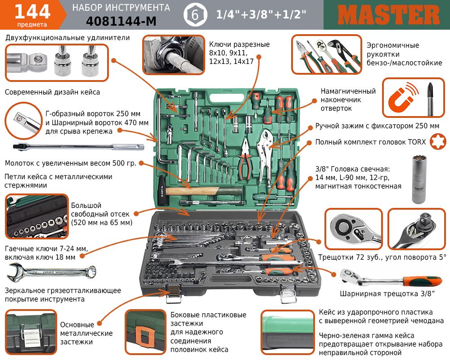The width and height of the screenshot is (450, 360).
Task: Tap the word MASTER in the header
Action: [388, 15]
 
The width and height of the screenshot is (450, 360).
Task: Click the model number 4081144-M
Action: [121, 21]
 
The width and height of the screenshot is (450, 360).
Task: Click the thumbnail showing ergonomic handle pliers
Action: [327, 56]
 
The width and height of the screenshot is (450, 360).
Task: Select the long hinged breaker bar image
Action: [74, 147]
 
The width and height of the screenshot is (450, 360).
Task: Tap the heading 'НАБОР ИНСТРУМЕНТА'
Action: [121, 8]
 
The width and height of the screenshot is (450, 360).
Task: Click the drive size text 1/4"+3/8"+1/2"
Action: [261, 14]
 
